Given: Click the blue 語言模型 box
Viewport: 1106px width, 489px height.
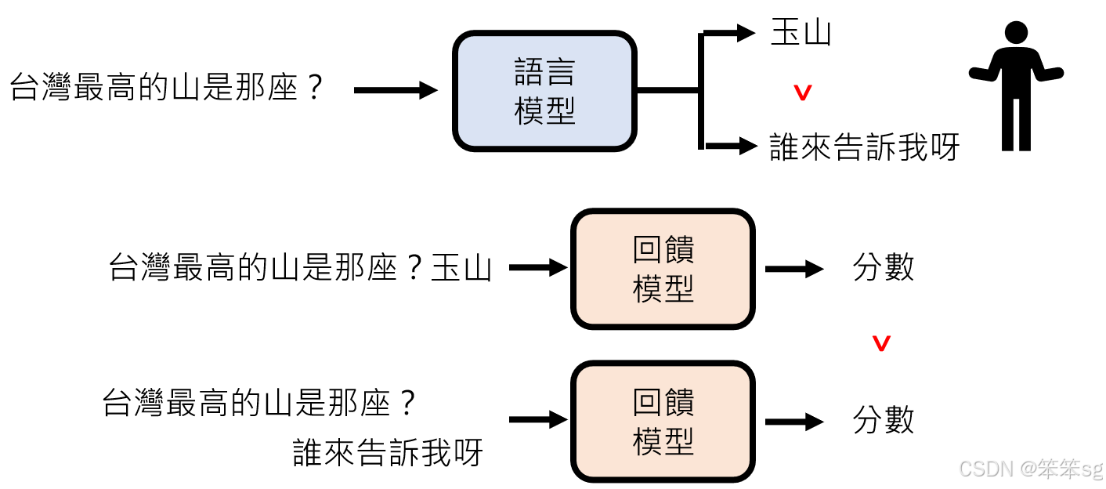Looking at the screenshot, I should [544, 91].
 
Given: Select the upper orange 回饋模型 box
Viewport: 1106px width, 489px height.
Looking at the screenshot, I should [663, 269].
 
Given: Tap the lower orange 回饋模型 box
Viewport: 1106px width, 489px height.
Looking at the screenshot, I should [663, 422].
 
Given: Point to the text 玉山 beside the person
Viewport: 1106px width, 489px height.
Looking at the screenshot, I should [801, 33].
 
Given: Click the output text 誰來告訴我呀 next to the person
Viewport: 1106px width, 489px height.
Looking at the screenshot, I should [865, 147].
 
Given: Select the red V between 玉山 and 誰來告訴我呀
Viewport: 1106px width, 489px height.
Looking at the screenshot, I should [803, 93].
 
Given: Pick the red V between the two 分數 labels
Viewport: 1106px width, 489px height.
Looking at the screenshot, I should [882, 343].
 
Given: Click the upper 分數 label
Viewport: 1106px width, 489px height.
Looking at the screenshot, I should [884, 268].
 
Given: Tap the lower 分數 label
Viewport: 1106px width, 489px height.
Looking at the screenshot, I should [884, 421].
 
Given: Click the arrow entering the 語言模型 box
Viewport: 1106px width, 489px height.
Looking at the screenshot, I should [395, 91].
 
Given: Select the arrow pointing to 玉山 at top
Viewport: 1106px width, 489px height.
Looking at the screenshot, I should [728, 33].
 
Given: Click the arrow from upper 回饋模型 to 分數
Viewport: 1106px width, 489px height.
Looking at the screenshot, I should [793, 269].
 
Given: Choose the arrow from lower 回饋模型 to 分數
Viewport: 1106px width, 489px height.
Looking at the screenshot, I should [793, 422].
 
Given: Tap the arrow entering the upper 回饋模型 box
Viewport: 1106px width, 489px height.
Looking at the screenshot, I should [537, 268].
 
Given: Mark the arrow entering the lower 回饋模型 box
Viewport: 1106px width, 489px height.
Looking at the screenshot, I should [537, 420].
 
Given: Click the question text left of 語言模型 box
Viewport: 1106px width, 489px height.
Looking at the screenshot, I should [166, 88].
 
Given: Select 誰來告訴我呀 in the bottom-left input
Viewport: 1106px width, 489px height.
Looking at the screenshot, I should [388, 453].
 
